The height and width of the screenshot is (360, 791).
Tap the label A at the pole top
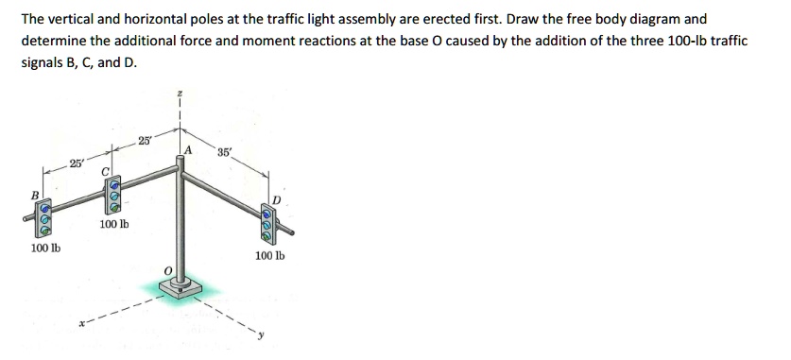[189, 149]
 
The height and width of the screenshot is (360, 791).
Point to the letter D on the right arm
[277, 198]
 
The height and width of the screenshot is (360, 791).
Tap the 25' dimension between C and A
[144, 142]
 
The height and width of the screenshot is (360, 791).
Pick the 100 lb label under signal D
[267, 255]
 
